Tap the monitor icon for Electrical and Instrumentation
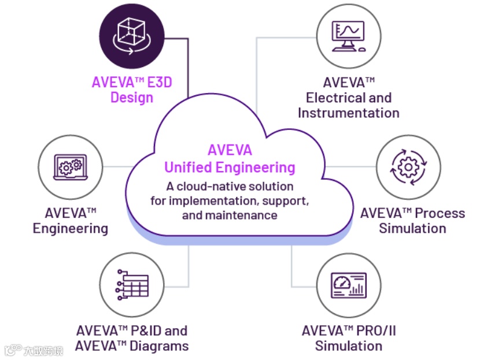(348, 36)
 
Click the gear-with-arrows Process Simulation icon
(408, 167)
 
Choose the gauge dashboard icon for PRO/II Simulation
(348, 284)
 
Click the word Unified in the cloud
(189, 168)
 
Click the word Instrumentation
(348, 113)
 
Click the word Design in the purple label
(132, 97)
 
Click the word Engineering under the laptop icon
(70, 228)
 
